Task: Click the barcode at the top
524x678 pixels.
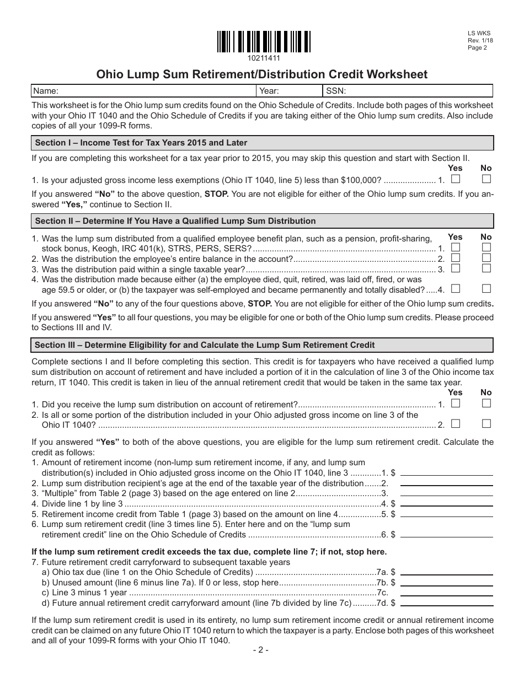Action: (x=264, y=41)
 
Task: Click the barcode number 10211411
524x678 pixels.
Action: (x=264, y=58)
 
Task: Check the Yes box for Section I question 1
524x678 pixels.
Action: (x=456, y=179)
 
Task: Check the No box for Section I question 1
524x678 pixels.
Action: (x=486, y=179)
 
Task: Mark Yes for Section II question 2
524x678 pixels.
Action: (x=456, y=258)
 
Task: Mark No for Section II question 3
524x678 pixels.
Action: (x=486, y=268)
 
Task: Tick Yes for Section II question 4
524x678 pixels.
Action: (x=456, y=288)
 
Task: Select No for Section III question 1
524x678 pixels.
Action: (x=486, y=403)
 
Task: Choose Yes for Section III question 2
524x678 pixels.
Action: (x=456, y=424)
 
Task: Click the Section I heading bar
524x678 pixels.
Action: (x=262, y=143)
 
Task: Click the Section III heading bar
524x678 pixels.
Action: (x=262, y=345)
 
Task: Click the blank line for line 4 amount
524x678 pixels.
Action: (x=446, y=503)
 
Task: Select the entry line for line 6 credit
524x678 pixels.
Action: (x=446, y=534)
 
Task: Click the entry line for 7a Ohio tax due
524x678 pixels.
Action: (x=446, y=572)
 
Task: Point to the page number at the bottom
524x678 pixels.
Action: (x=261, y=650)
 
